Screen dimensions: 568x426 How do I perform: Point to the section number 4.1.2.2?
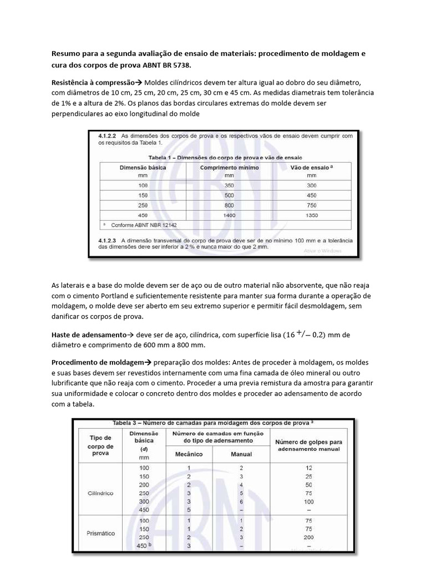[x=109, y=135]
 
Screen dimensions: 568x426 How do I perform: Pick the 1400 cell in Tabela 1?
[x=225, y=214]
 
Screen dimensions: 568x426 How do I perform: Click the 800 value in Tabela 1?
[x=225, y=205]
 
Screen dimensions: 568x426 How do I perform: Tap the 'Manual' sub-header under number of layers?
[x=241, y=454]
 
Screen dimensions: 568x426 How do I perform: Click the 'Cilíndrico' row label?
[x=101, y=491]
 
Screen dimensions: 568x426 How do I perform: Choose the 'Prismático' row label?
[x=101, y=533]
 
